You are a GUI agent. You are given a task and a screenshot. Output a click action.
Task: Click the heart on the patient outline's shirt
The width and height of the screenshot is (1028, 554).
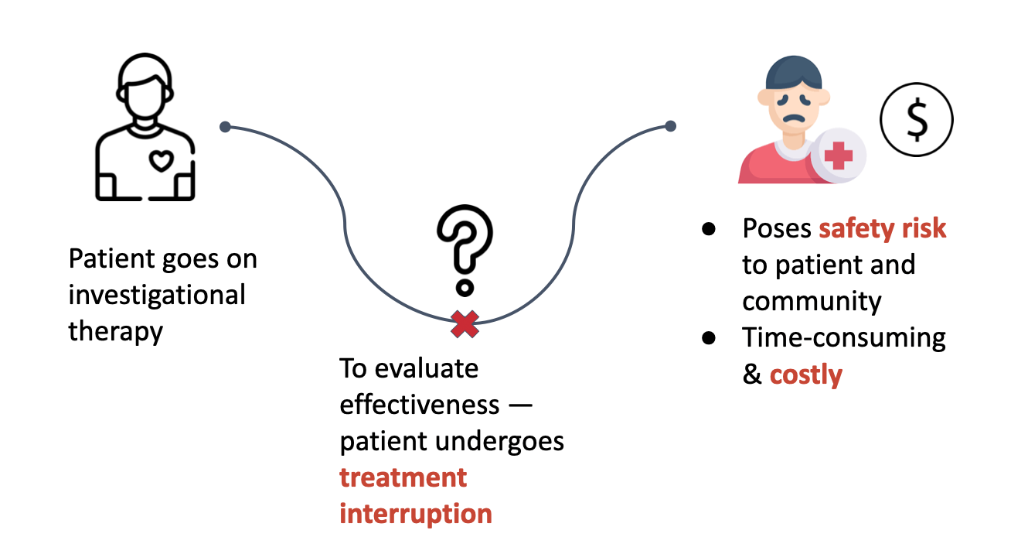click(160, 161)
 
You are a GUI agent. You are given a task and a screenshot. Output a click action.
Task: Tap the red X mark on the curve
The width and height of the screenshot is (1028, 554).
click(465, 324)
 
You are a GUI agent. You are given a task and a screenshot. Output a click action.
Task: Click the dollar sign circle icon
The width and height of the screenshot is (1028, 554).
click(917, 121)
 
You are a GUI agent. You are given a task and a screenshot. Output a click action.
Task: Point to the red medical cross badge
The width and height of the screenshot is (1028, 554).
click(838, 156)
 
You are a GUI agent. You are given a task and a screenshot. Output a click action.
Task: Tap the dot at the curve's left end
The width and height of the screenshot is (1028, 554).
click(225, 127)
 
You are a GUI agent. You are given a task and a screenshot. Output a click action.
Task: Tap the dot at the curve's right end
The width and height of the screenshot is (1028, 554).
click(670, 126)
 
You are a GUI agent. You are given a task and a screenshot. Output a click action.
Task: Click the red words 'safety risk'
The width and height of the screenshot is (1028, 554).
click(883, 228)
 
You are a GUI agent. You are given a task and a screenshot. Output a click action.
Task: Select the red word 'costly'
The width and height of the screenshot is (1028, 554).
click(805, 375)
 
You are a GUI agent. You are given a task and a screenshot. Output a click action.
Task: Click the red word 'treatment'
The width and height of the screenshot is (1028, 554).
click(403, 477)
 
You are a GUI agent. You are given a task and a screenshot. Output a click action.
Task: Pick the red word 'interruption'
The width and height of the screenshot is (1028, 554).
click(416, 514)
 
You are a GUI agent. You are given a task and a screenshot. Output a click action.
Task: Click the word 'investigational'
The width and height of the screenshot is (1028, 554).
click(157, 295)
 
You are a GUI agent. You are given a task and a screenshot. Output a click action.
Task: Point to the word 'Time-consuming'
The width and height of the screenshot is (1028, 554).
click(844, 338)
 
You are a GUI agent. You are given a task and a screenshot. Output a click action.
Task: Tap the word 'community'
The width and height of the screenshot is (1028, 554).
click(812, 301)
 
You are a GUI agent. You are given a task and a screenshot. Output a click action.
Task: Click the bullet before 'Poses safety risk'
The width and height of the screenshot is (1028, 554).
click(708, 230)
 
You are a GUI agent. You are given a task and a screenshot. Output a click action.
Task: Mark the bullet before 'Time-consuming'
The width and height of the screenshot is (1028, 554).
click(708, 339)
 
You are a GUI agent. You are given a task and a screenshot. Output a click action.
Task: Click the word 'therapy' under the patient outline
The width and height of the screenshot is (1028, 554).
click(116, 331)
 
